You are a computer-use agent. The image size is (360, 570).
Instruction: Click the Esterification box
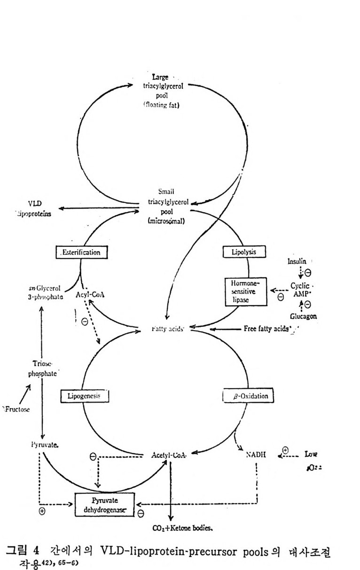pyautogui.click(x=81, y=253)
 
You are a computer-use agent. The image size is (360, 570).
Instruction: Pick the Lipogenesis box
pyautogui.click(x=85, y=396)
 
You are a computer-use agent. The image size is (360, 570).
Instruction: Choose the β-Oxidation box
pyautogui.click(x=247, y=396)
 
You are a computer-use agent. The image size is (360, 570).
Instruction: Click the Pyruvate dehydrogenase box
pyautogui.click(x=105, y=505)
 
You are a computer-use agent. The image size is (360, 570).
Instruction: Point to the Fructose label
pyautogui.click(x=16, y=409)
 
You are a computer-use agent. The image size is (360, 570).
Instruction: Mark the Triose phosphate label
pyautogui.click(x=42, y=369)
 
